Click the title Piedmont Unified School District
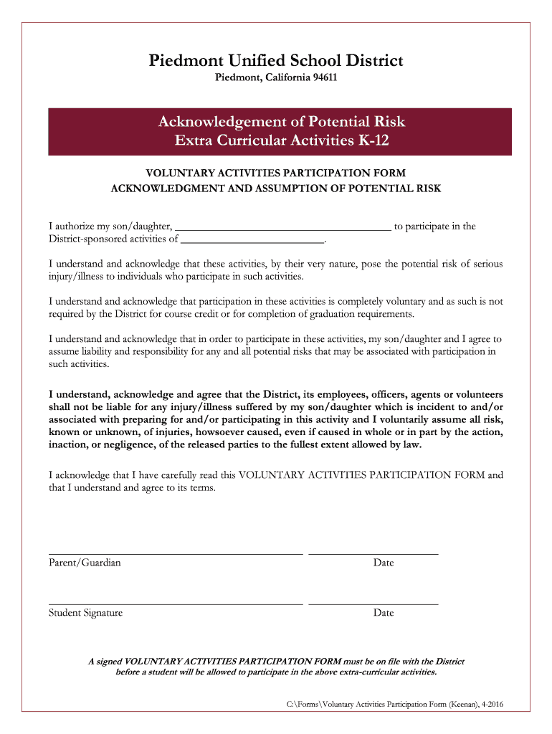(x=276, y=61)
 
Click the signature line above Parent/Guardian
(x=176, y=554)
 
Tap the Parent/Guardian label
(x=85, y=563)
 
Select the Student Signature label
(x=85, y=613)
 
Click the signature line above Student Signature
(x=176, y=604)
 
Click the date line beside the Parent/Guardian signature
(x=373, y=554)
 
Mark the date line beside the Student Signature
(x=373, y=604)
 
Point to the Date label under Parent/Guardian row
(x=384, y=563)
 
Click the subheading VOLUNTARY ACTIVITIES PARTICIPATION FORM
(x=276, y=173)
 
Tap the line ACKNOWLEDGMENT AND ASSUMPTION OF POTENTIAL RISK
(x=276, y=189)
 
